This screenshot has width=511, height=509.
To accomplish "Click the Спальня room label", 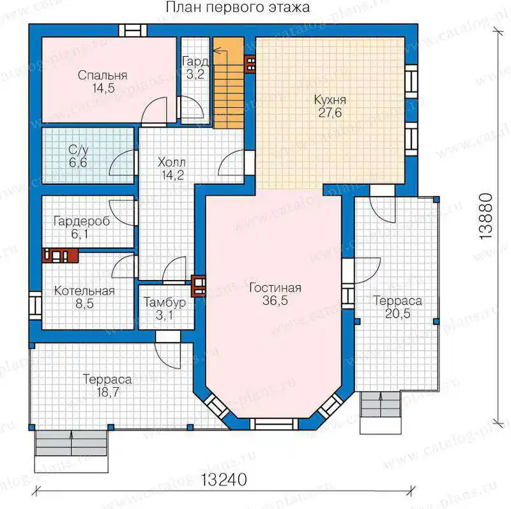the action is [x=102, y=75].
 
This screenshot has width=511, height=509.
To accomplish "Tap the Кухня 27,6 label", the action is [x=330, y=106].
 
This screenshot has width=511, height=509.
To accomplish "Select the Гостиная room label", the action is [x=275, y=288].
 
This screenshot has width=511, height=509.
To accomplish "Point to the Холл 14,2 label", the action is [x=172, y=168].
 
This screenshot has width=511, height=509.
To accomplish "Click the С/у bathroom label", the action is [x=78, y=150].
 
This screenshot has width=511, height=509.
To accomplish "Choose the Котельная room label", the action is [x=84, y=291].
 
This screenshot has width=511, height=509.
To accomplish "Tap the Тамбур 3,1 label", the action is [x=165, y=309].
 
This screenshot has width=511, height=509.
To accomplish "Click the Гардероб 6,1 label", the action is [x=82, y=228].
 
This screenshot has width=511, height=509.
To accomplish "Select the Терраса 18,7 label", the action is [x=107, y=386].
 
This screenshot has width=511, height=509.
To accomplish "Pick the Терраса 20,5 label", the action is [x=397, y=307].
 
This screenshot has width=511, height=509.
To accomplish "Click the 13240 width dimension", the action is [x=224, y=480].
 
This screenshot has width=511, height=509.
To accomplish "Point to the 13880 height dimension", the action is [x=485, y=216].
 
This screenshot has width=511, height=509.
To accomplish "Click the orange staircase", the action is [x=229, y=83].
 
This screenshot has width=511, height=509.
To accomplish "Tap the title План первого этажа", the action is [x=238, y=7].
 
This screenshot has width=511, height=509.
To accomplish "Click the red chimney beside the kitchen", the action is [x=250, y=64].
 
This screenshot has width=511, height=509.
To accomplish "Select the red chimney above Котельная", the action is [x=60, y=256].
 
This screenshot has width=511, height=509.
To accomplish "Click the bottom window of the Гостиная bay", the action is [x=274, y=424].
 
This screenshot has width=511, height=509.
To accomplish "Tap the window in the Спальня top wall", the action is [x=133, y=31].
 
